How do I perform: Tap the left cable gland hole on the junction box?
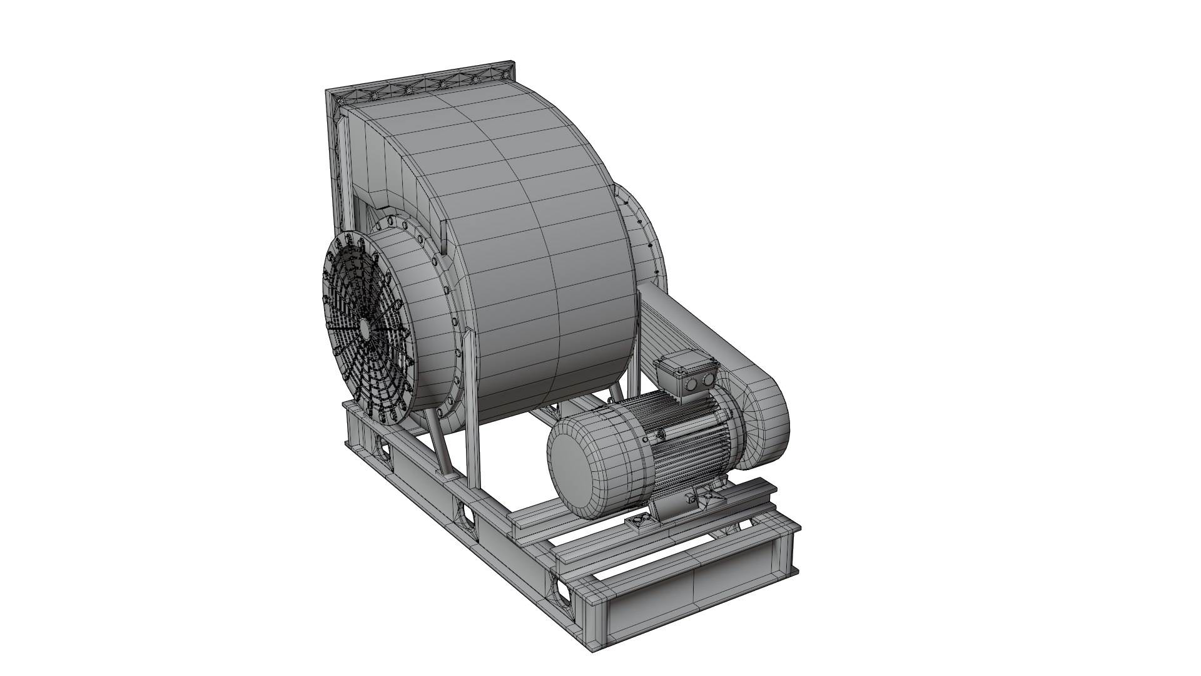point(693,383)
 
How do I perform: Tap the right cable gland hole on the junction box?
point(708,379)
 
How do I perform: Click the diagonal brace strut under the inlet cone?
point(440,448)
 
